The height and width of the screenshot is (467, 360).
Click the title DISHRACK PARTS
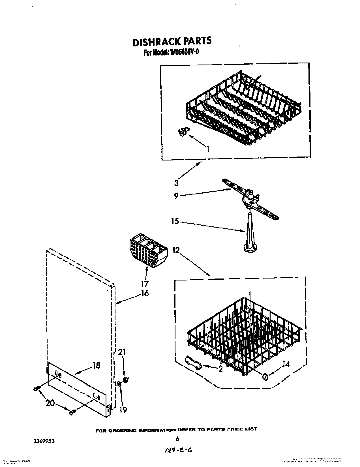point(172,41)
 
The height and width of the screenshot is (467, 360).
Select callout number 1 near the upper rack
point(208,149)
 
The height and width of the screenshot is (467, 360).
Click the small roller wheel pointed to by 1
point(183,132)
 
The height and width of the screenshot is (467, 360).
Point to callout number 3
point(176,183)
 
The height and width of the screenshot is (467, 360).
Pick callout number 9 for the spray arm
point(176,196)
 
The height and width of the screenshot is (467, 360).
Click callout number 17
point(145,284)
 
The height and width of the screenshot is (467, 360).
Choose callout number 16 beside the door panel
point(145,294)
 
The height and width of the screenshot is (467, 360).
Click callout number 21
point(122,352)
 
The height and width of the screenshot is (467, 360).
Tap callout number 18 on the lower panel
point(96,365)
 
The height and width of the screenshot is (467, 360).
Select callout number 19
point(123,409)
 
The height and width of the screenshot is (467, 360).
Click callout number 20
point(50,403)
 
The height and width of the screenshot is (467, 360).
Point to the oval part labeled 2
point(193,363)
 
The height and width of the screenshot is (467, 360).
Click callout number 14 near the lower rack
point(286,365)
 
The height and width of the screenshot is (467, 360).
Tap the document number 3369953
point(43,441)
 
